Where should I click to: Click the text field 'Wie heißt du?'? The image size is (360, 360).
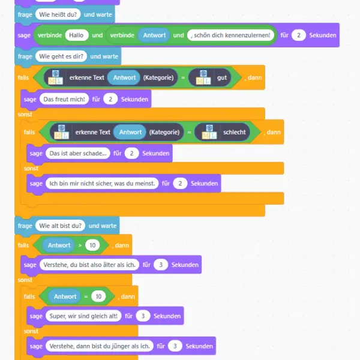click(x=58, y=14)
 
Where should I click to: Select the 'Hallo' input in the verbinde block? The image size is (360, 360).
click(x=77, y=35)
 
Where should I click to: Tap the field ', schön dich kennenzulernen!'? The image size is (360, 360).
click(x=230, y=35)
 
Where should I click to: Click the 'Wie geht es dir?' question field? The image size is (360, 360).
click(x=61, y=56)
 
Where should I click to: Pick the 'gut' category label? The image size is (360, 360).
click(x=222, y=77)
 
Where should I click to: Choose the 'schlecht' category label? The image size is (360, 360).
click(x=234, y=132)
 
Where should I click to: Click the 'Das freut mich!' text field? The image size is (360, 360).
click(x=64, y=99)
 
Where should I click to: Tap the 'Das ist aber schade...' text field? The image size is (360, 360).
click(x=78, y=154)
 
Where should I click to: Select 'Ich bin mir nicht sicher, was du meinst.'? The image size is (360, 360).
click(x=102, y=184)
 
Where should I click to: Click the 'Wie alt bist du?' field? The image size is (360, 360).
click(x=60, y=226)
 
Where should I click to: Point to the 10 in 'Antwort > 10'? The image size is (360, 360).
click(x=92, y=245)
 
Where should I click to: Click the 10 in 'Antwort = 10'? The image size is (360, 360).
click(x=98, y=296)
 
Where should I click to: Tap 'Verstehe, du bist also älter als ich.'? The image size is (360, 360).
click(x=89, y=265)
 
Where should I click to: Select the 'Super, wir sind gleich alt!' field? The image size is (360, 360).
click(x=83, y=316)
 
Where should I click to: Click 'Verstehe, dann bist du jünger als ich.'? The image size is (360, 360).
click(x=100, y=346)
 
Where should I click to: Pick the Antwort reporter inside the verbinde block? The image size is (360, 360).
click(x=154, y=35)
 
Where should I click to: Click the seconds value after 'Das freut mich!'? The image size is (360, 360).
click(x=110, y=99)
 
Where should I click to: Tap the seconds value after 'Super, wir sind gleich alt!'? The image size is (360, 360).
click(x=143, y=316)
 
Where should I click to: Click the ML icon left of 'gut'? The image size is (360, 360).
click(x=203, y=77)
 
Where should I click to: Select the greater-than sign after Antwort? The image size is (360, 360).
click(x=80, y=245)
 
